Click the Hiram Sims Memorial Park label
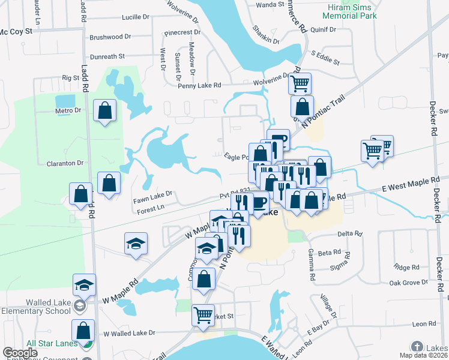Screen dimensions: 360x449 pyautogui.click(x=353, y=11)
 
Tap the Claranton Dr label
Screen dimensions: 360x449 pyautogui.click(x=64, y=163)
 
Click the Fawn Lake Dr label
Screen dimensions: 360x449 pyautogui.click(x=153, y=193)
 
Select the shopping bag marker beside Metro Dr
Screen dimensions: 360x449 pyautogui.click(x=105, y=111)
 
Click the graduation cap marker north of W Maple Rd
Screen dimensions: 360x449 pyautogui.click(x=136, y=244)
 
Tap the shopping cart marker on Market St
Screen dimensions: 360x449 pyautogui.click(x=203, y=315)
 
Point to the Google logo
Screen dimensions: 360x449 pyautogui.click(x=20, y=353)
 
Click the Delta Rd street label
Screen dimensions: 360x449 pyautogui.click(x=350, y=233)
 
